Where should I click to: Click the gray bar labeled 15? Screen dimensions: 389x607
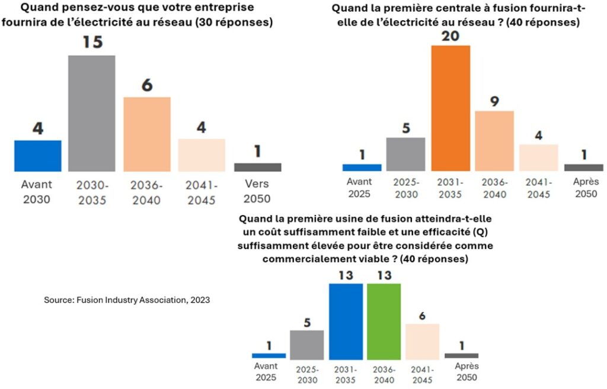point(91,113)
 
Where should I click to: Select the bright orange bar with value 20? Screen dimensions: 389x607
point(450,108)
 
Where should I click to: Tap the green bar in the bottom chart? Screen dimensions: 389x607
point(384,321)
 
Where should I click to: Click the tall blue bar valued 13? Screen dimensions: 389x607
point(346,321)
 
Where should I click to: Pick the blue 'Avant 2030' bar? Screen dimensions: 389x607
point(38,156)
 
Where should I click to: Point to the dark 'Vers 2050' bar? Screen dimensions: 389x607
point(257,167)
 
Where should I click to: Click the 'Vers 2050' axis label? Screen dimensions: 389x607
point(257,192)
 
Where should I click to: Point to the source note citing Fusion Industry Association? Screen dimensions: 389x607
point(127,300)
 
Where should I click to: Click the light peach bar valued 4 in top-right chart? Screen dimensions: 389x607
point(538,157)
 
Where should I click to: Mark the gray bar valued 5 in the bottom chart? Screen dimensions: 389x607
point(307,345)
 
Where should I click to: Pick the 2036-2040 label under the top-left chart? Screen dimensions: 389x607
point(146,192)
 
